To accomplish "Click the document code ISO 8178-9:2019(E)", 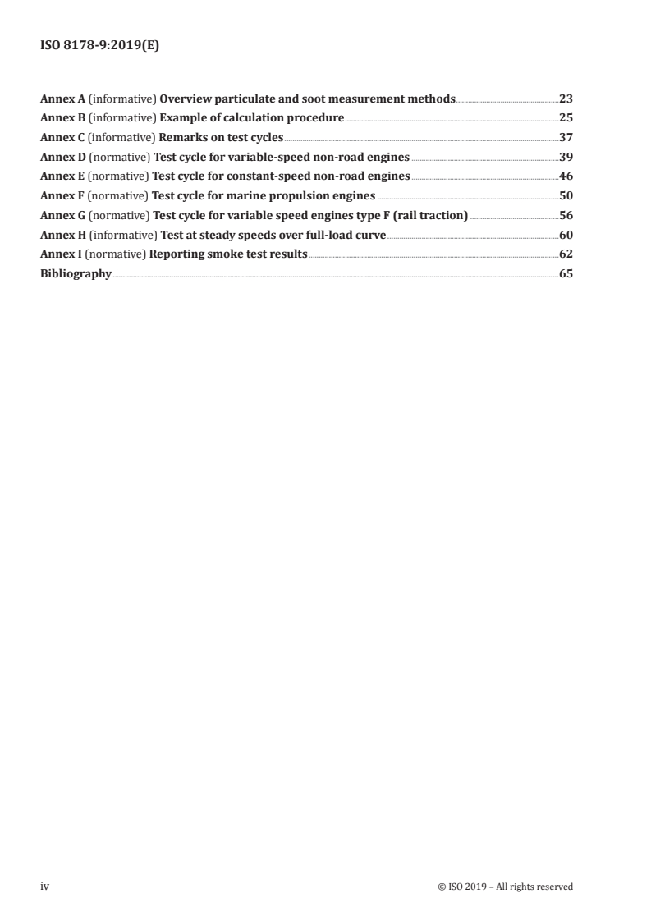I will (99, 47).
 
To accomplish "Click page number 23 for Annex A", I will (566, 99).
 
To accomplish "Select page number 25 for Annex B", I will (566, 117).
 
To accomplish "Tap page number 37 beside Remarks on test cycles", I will (566, 137).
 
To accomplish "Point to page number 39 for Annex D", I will (566, 157).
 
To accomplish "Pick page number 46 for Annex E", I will (566, 176).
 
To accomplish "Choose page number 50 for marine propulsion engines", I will (566, 195).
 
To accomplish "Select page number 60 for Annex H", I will (566, 235).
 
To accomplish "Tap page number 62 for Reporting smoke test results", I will (566, 254).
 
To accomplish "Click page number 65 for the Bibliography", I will (566, 274).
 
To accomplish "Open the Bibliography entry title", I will (76, 274).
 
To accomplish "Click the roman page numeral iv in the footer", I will (44, 886).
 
